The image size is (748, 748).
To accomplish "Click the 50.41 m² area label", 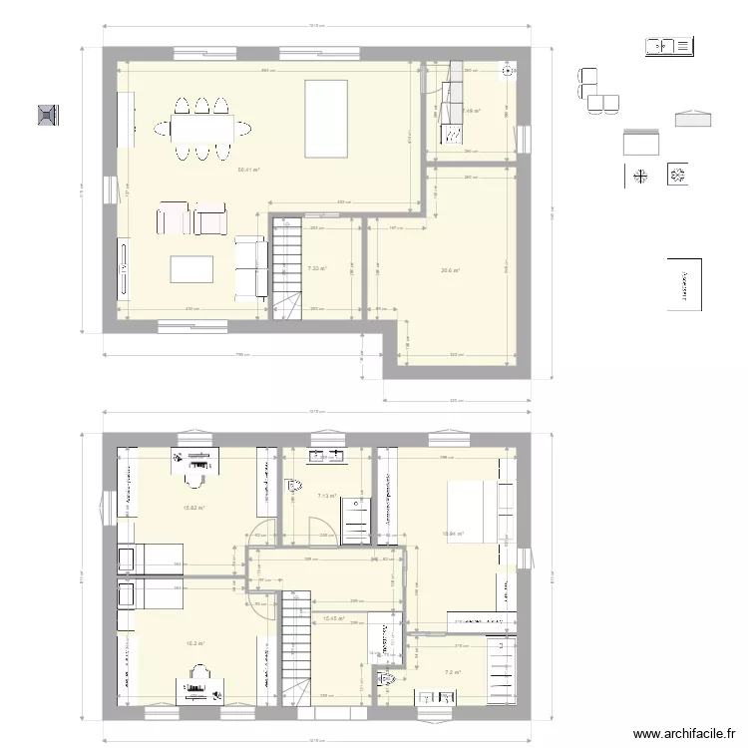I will [x=248, y=170].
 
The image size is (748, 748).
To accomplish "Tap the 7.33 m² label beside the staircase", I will [x=317, y=268].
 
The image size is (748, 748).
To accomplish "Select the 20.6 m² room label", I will [x=450, y=269].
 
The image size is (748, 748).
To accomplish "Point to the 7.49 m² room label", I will [x=472, y=111].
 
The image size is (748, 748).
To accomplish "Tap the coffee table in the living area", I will [x=192, y=270].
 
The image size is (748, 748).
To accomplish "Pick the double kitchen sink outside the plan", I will [x=668, y=45].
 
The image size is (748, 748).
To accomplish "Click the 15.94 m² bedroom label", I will [x=454, y=534].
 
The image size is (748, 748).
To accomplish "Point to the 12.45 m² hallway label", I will [x=333, y=618].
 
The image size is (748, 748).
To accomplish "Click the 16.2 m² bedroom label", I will [x=194, y=643].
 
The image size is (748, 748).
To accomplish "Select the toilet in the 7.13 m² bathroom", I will [x=294, y=486].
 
